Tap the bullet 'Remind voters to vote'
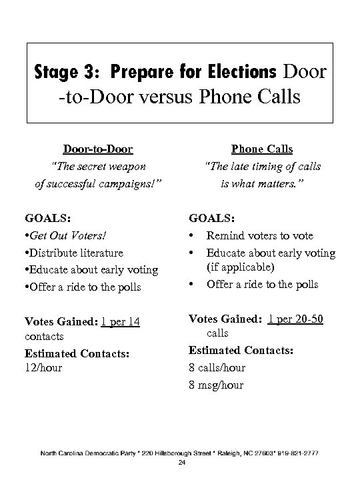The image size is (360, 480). coord(259,235)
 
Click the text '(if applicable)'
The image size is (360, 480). coord(239,268)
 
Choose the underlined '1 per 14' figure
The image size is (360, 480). coord(120,323)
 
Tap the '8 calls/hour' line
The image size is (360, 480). coord(217,367)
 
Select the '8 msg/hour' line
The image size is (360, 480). coord(216,385)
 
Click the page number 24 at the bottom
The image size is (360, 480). coord(181,462)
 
